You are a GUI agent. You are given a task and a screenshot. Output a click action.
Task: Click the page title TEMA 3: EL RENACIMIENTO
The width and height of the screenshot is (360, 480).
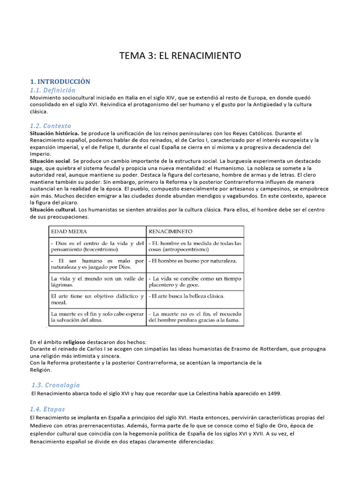pos(180,56)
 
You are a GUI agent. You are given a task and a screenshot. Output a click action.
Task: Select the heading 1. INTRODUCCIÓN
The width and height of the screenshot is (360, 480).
pos(60,82)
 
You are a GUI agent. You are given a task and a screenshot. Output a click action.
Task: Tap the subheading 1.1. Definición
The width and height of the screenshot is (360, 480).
pos(52,90)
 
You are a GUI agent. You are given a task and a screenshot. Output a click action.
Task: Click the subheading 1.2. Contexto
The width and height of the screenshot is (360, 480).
pos(51,126)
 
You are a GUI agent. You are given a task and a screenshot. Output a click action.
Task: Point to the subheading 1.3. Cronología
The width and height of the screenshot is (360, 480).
pos(55,385)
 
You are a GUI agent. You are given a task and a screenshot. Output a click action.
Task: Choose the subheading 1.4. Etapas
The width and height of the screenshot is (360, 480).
pos(47,409)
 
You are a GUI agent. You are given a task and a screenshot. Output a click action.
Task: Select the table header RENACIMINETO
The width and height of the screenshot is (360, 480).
pos(171,232)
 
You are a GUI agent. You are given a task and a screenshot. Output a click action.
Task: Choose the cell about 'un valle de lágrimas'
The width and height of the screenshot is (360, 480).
pos(97,281)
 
